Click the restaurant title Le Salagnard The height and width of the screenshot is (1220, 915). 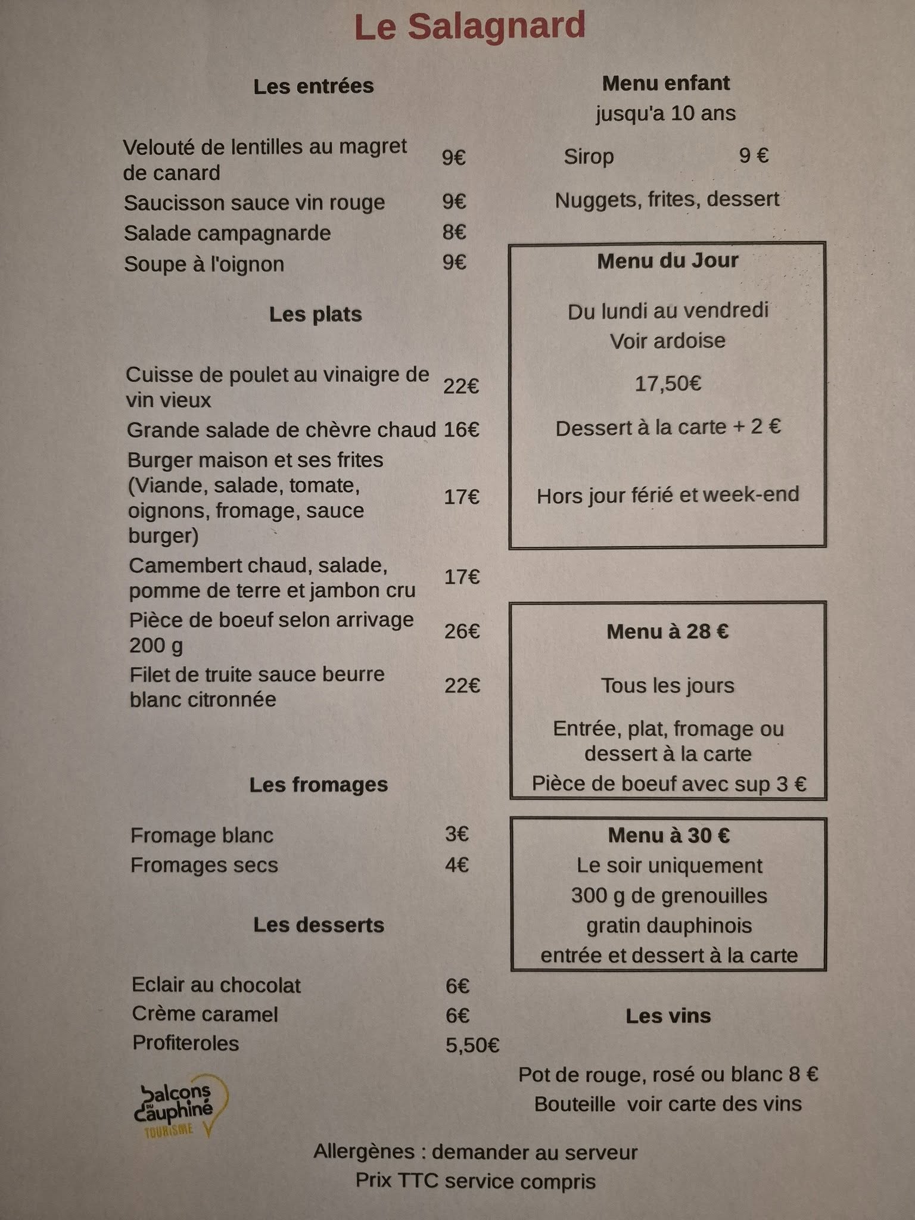click(470, 27)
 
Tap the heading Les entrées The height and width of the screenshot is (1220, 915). click(313, 86)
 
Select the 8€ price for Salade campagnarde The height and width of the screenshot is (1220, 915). click(454, 232)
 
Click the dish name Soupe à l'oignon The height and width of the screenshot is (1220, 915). click(204, 264)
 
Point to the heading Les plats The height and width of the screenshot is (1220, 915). click(315, 314)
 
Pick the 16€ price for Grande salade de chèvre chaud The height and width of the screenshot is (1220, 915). click(461, 430)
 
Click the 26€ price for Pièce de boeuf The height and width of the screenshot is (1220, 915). click(462, 631)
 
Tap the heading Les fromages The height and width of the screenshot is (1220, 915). click(318, 785)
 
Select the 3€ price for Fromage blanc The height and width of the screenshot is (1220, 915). click(456, 834)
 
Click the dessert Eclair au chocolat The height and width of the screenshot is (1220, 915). click(216, 985)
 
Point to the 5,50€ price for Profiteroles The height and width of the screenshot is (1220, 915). click(472, 1045)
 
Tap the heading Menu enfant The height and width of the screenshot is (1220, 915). click(665, 83)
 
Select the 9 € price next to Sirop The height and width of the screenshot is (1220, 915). click(754, 156)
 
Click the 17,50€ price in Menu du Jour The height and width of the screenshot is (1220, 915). click(668, 384)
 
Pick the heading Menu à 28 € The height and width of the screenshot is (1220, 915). click(667, 631)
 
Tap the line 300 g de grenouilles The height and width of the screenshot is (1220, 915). click(668, 895)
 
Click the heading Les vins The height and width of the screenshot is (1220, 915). click(668, 1016)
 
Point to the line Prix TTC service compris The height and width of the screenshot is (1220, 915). click(475, 1181)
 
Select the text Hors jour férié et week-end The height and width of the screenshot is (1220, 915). click(667, 496)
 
